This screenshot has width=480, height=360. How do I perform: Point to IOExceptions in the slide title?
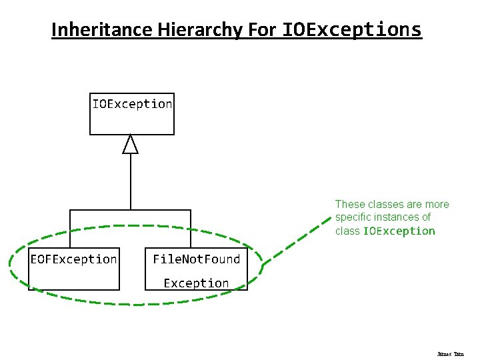click(x=352, y=30)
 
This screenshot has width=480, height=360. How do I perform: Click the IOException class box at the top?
click(x=132, y=113)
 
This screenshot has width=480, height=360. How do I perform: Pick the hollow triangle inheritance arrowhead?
click(x=131, y=144)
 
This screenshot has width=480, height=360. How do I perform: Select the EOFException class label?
click(x=73, y=259)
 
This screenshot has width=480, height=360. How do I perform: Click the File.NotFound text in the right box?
click(x=196, y=259)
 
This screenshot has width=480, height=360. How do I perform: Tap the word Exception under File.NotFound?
click(x=196, y=283)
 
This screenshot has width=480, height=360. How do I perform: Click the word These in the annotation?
click(x=349, y=205)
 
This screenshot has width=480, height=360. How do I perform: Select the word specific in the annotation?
click(x=351, y=217)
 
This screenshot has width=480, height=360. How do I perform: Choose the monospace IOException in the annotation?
click(x=399, y=231)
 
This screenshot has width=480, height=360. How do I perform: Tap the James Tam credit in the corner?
click(x=450, y=354)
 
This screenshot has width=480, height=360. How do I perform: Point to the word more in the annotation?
click(x=437, y=205)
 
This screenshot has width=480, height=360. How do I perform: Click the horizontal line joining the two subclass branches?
click(x=131, y=210)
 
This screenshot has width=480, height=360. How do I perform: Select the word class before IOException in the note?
click(x=347, y=231)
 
